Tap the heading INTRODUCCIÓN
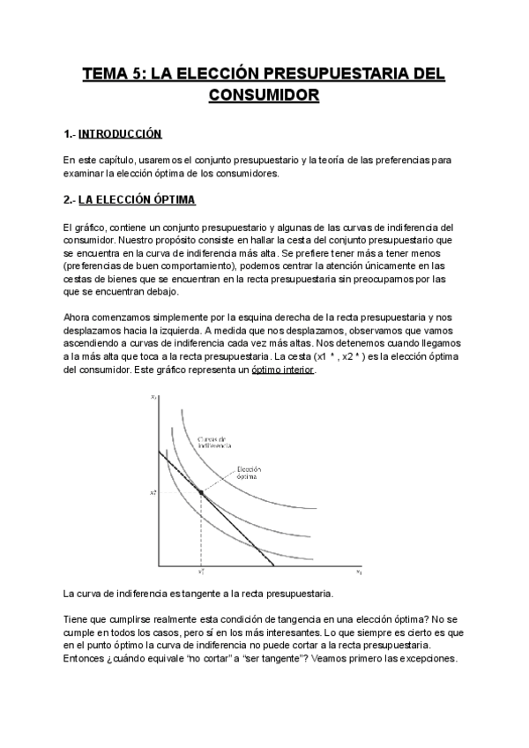120,134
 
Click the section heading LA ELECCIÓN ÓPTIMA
143,200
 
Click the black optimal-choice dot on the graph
202,491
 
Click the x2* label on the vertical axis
153,492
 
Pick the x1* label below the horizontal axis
201,572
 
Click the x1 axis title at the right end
360,572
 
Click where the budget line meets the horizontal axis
274,565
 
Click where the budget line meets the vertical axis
160,451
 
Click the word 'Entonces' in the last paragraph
86,658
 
